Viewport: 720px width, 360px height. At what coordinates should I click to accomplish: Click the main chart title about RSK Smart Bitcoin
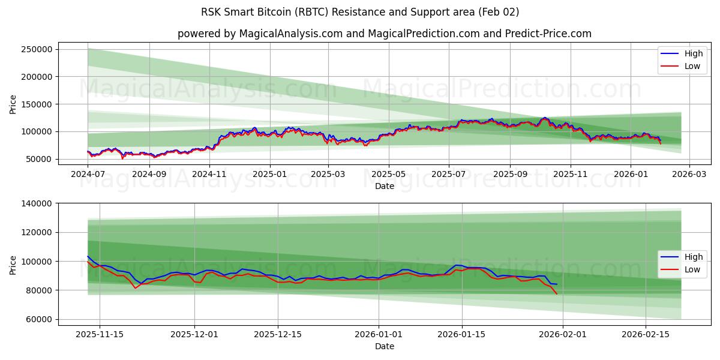(360, 12)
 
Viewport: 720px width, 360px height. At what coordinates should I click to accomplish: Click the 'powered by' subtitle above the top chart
(384, 34)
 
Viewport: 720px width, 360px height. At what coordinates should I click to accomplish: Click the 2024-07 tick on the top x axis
(88, 175)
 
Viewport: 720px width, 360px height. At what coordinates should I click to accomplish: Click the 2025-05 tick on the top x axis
(388, 175)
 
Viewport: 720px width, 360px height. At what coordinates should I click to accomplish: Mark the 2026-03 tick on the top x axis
(689, 175)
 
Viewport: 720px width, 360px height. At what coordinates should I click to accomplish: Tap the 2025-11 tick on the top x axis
(570, 175)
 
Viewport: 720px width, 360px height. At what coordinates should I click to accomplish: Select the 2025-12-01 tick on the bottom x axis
(194, 335)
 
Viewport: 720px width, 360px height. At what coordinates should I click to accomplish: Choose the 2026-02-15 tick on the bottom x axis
(646, 335)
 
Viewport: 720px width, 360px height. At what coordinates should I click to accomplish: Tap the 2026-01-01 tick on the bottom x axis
(378, 335)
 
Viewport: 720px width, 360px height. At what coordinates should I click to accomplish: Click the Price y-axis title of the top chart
(13, 104)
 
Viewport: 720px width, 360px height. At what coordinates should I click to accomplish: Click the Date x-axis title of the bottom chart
(384, 346)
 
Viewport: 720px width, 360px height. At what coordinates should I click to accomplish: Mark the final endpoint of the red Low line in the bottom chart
(557, 294)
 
